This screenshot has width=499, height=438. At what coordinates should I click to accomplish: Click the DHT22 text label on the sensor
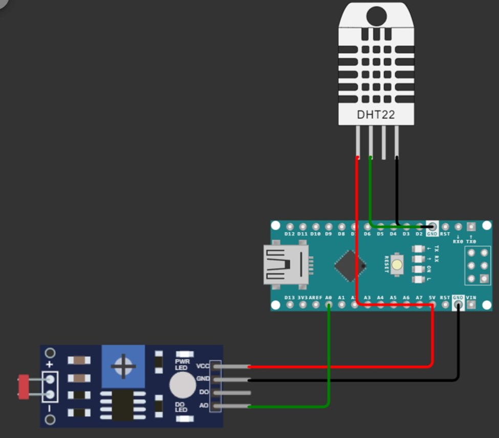coord(376,114)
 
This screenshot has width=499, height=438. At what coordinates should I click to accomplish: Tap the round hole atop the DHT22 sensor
coord(376,17)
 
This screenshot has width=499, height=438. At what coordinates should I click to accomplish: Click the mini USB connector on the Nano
coord(287,264)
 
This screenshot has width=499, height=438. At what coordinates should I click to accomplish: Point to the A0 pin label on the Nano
coord(329,297)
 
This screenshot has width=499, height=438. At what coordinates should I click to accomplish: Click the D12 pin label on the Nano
coord(290,234)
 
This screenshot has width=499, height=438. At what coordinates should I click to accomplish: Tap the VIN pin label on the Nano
coord(471,297)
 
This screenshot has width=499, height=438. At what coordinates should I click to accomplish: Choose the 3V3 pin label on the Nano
coord(302,297)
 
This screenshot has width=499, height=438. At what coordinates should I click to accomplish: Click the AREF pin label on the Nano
coord(315,297)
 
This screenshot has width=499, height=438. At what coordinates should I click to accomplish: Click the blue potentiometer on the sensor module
coord(123,366)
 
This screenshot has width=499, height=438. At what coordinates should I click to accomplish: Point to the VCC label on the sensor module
coord(203,366)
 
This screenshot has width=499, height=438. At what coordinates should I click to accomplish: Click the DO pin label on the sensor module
coord(204,392)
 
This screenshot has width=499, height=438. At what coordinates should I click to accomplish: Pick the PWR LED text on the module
coord(182,364)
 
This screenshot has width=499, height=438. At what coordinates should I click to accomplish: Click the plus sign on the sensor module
coord(50,365)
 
